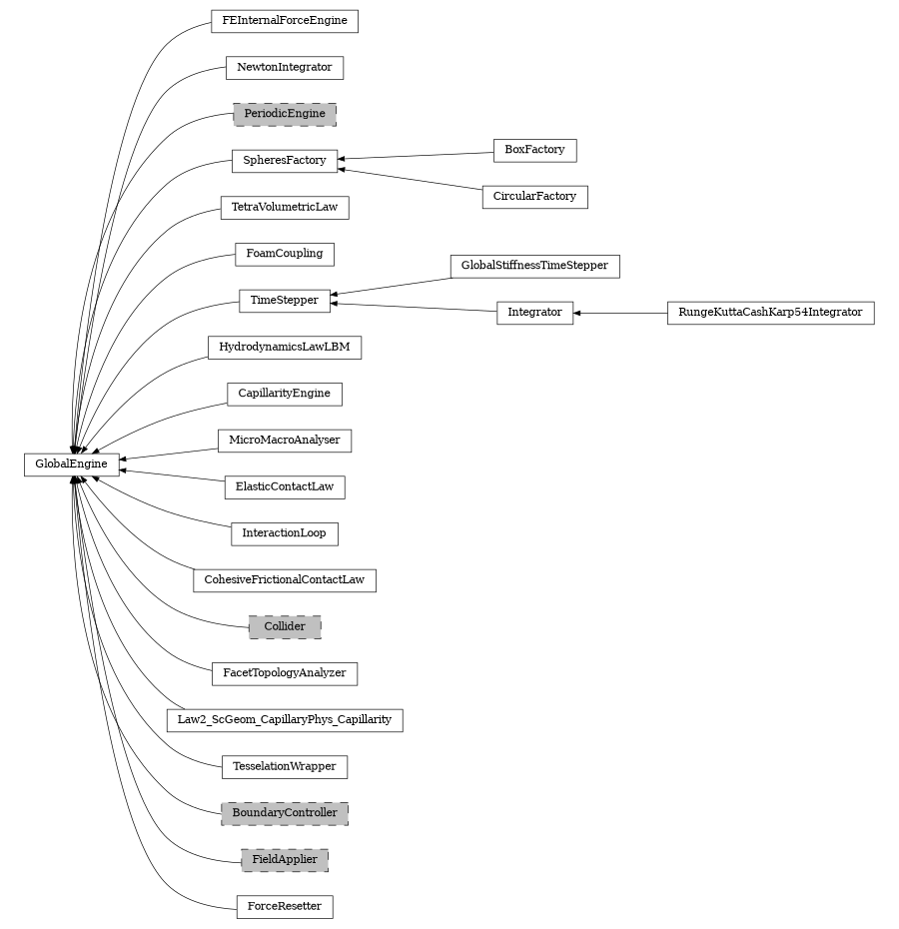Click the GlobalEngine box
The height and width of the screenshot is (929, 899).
71,464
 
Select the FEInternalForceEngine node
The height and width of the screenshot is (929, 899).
285,21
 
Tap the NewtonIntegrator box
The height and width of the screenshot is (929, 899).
285,68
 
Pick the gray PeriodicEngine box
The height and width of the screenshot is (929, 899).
285,114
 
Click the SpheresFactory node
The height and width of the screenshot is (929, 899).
285,160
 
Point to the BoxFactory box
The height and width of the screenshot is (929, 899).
534,150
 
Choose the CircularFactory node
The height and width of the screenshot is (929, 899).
534,197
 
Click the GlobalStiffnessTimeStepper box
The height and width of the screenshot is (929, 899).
534,267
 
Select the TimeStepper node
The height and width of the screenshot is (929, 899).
285,301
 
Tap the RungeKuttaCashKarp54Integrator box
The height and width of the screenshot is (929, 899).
770,313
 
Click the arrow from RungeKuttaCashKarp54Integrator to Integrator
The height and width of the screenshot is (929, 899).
620,313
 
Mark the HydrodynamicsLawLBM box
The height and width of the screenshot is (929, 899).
285,348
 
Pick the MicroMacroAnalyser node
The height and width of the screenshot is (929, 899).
285,441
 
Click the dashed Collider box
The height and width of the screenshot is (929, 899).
285,626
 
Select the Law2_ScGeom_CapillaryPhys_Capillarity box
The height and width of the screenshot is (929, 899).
285,719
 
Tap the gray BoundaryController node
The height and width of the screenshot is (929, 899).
285,813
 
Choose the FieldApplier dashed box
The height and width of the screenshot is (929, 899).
285,859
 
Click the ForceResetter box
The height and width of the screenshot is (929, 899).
285,907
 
